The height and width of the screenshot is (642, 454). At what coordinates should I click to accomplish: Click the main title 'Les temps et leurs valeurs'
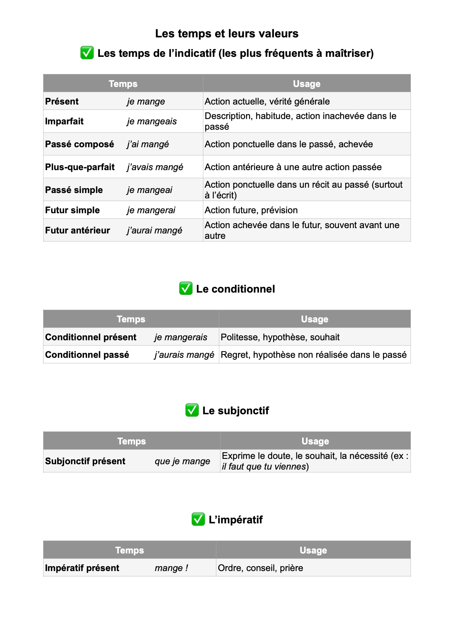click(227, 34)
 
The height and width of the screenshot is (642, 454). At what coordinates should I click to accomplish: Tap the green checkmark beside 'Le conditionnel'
click(186, 288)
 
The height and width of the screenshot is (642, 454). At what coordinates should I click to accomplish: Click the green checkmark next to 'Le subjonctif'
click(192, 410)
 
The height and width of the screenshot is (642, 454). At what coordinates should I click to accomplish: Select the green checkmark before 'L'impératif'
click(198, 519)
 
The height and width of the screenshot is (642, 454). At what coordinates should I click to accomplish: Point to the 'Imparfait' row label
click(64, 121)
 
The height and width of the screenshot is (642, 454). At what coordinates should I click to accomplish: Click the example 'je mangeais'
click(151, 121)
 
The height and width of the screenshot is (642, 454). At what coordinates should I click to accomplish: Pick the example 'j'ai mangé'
click(148, 144)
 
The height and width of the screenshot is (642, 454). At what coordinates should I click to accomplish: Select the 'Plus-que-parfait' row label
click(80, 167)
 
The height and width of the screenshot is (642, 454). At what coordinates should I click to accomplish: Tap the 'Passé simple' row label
click(74, 190)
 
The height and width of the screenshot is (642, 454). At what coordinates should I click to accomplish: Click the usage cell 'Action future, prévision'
click(251, 210)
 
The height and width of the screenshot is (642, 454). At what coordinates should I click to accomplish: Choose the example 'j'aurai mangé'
click(154, 230)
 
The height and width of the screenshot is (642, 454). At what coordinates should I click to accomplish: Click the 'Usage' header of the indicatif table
click(306, 84)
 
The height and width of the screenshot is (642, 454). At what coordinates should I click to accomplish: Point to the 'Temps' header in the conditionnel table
click(131, 319)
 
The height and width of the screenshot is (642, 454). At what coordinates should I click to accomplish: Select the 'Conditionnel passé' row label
click(87, 355)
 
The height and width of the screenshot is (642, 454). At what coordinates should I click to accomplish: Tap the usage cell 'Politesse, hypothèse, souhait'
click(280, 337)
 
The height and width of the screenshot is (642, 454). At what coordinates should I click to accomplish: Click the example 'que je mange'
click(182, 461)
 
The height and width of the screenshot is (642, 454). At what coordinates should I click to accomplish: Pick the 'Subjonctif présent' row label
click(85, 461)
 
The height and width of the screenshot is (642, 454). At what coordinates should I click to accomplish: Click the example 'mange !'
click(171, 568)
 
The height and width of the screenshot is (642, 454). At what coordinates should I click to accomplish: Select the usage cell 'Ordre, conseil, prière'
click(260, 568)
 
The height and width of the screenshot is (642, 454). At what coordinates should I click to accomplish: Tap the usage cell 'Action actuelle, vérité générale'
click(267, 101)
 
